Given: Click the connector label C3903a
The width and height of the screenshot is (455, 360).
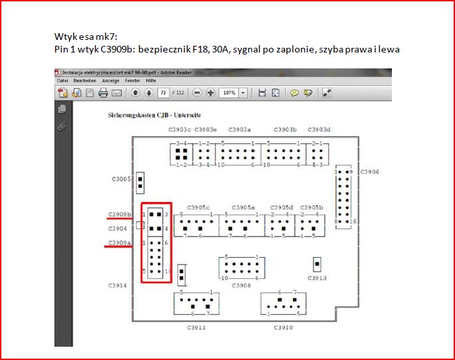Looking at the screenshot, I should click(x=239, y=130).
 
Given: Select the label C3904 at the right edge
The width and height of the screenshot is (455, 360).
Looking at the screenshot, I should click(x=369, y=172).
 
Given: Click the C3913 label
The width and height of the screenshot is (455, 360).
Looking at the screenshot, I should click(x=317, y=278).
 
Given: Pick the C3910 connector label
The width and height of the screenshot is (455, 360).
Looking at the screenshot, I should click(x=282, y=327).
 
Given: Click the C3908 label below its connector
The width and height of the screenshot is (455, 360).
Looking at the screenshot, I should click(x=241, y=285).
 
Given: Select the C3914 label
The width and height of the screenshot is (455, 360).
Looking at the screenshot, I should click(x=118, y=285).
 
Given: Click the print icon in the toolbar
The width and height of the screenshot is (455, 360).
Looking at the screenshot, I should click(x=102, y=93).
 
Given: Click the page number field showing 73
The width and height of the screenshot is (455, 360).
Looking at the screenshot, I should click(x=162, y=93).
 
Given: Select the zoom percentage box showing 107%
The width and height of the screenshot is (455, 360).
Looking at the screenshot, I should click(x=230, y=93).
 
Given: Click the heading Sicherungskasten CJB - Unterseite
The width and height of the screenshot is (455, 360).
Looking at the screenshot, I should click(x=159, y=115).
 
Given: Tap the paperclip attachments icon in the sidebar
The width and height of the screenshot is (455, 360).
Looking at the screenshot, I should click(x=62, y=124).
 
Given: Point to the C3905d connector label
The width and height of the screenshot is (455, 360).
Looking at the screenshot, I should click(x=282, y=207).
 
